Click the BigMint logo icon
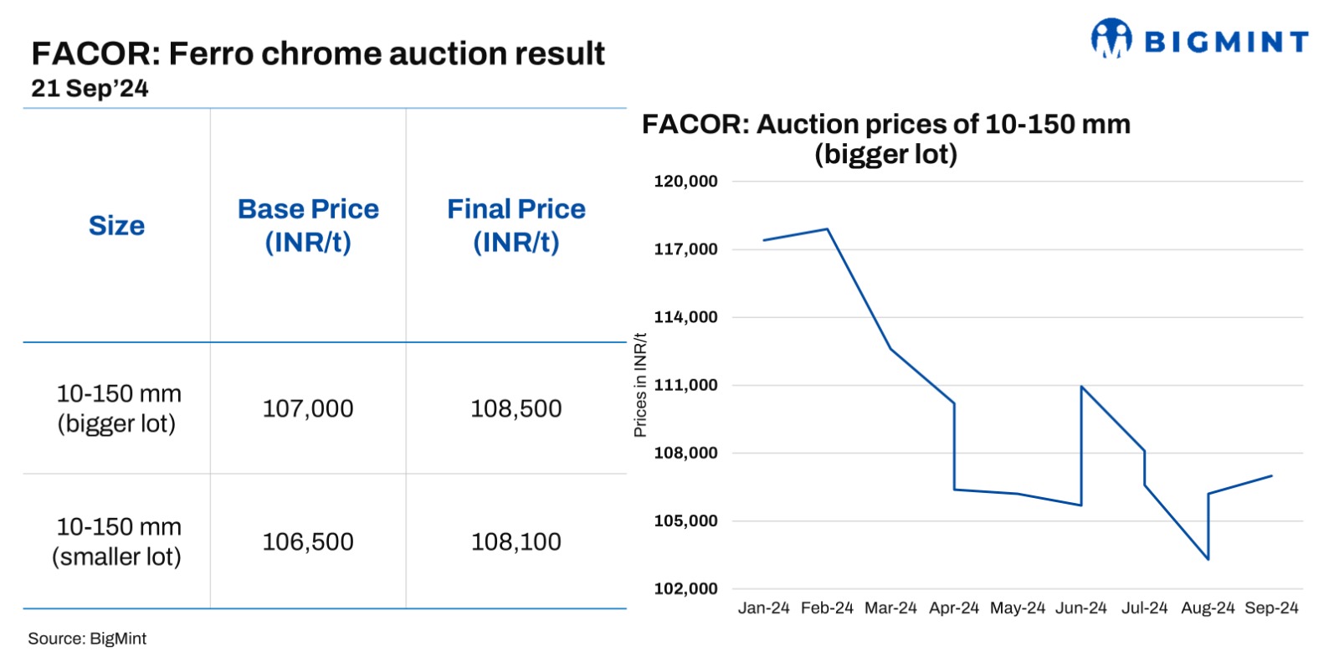pyautogui.click(x=1111, y=39)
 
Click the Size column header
pyautogui.click(x=116, y=226)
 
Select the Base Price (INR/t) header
pyautogui.click(x=308, y=226)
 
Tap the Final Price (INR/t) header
pyautogui.click(x=516, y=226)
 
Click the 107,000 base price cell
pyautogui.click(x=308, y=408)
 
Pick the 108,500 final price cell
pyautogui.click(x=516, y=408)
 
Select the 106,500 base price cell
pyautogui.click(x=308, y=541)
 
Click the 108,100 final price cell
pyautogui.click(x=516, y=541)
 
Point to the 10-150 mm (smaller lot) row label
pyautogui.click(x=117, y=541)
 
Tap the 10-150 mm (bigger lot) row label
pyautogui.click(x=117, y=408)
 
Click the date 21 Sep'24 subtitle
pyautogui.click(x=90, y=89)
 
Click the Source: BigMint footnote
pyautogui.click(x=87, y=639)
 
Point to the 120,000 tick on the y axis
pyautogui.click(x=685, y=182)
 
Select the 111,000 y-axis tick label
pyautogui.click(x=685, y=385)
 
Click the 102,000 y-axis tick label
pyautogui.click(x=685, y=588)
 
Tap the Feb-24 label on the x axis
pyautogui.click(x=827, y=608)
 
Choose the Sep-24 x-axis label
pyautogui.click(x=1271, y=608)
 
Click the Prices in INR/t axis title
pyautogui.click(x=640, y=385)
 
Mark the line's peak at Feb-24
pyautogui.click(x=827, y=228)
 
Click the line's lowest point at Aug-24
pyautogui.click(x=1208, y=559)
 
